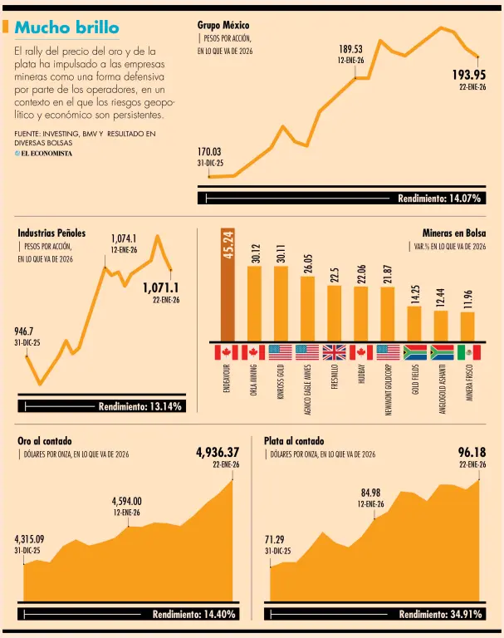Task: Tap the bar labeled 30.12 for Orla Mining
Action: (x=254, y=302)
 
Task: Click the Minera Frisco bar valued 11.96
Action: (x=467, y=326)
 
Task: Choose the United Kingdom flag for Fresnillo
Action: (x=334, y=352)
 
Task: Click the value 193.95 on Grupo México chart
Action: (x=468, y=75)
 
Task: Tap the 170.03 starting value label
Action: (x=209, y=152)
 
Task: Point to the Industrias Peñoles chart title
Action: (x=51, y=233)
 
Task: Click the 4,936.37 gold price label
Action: (x=218, y=453)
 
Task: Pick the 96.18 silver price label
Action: (x=472, y=453)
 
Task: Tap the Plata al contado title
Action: (x=294, y=440)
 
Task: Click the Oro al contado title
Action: (x=45, y=440)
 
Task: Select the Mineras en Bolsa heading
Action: (x=454, y=233)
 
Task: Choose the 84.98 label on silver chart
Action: (x=370, y=493)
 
